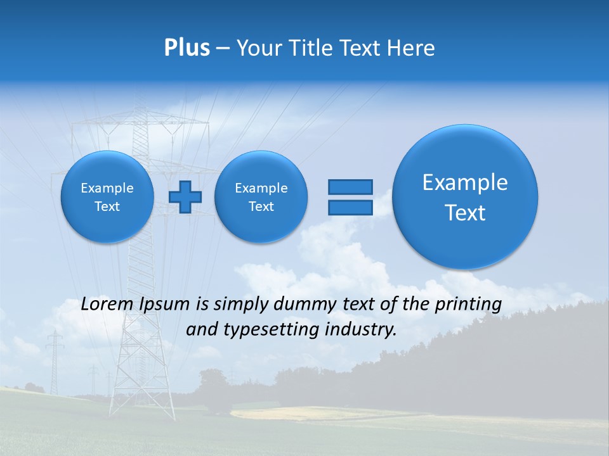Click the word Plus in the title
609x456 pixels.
click(187, 48)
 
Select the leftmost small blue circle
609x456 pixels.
click(107, 196)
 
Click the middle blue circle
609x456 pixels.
click(261, 196)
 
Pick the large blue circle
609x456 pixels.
click(465, 196)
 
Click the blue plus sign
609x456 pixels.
click(185, 196)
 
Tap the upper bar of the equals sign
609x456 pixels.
click(350, 187)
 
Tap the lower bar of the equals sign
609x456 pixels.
click(350, 207)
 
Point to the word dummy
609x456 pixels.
click(305, 305)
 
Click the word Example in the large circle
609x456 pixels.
click(465, 182)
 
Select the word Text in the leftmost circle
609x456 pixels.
click(107, 206)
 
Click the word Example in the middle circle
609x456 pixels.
click(261, 188)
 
